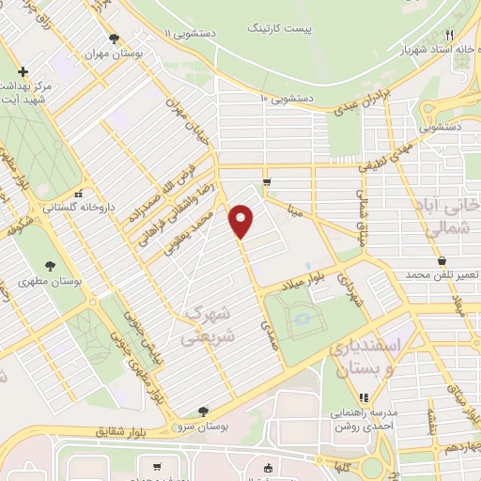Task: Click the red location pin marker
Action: (242, 221)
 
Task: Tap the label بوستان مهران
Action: (114, 54)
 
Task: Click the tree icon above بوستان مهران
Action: (114, 39)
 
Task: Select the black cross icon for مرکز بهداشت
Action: (23, 71)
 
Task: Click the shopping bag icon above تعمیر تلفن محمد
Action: (441, 260)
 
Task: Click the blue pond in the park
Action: (302, 320)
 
